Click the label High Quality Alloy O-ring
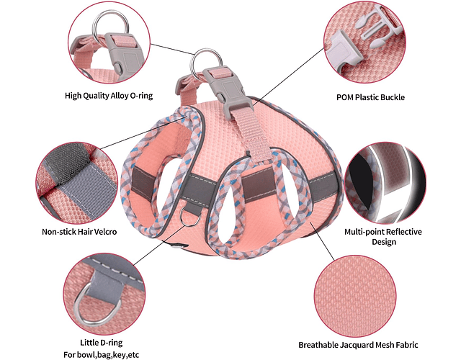click(x=109, y=95)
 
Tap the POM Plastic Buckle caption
click(x=381, y=97)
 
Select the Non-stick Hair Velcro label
click(x=79, y=232)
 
